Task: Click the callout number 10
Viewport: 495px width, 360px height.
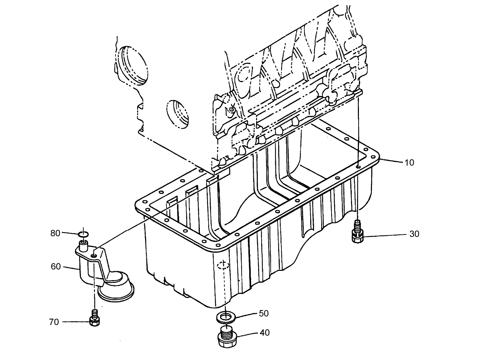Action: point(409,163)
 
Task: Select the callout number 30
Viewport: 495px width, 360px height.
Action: point(414,234)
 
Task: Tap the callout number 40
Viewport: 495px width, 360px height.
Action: point(264,333)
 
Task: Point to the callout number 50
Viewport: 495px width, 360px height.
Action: point(264,314)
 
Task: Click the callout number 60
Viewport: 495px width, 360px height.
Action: point(56,266)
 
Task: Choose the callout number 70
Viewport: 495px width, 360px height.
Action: point(54,322)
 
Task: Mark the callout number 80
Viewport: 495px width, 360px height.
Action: point(55,233)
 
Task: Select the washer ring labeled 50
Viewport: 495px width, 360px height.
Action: point(225,317)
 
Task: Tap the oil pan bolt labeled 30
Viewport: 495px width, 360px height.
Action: point(357,233)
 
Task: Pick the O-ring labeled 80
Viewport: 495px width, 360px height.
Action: point(83,234)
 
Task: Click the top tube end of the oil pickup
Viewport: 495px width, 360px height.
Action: point(83,245)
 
